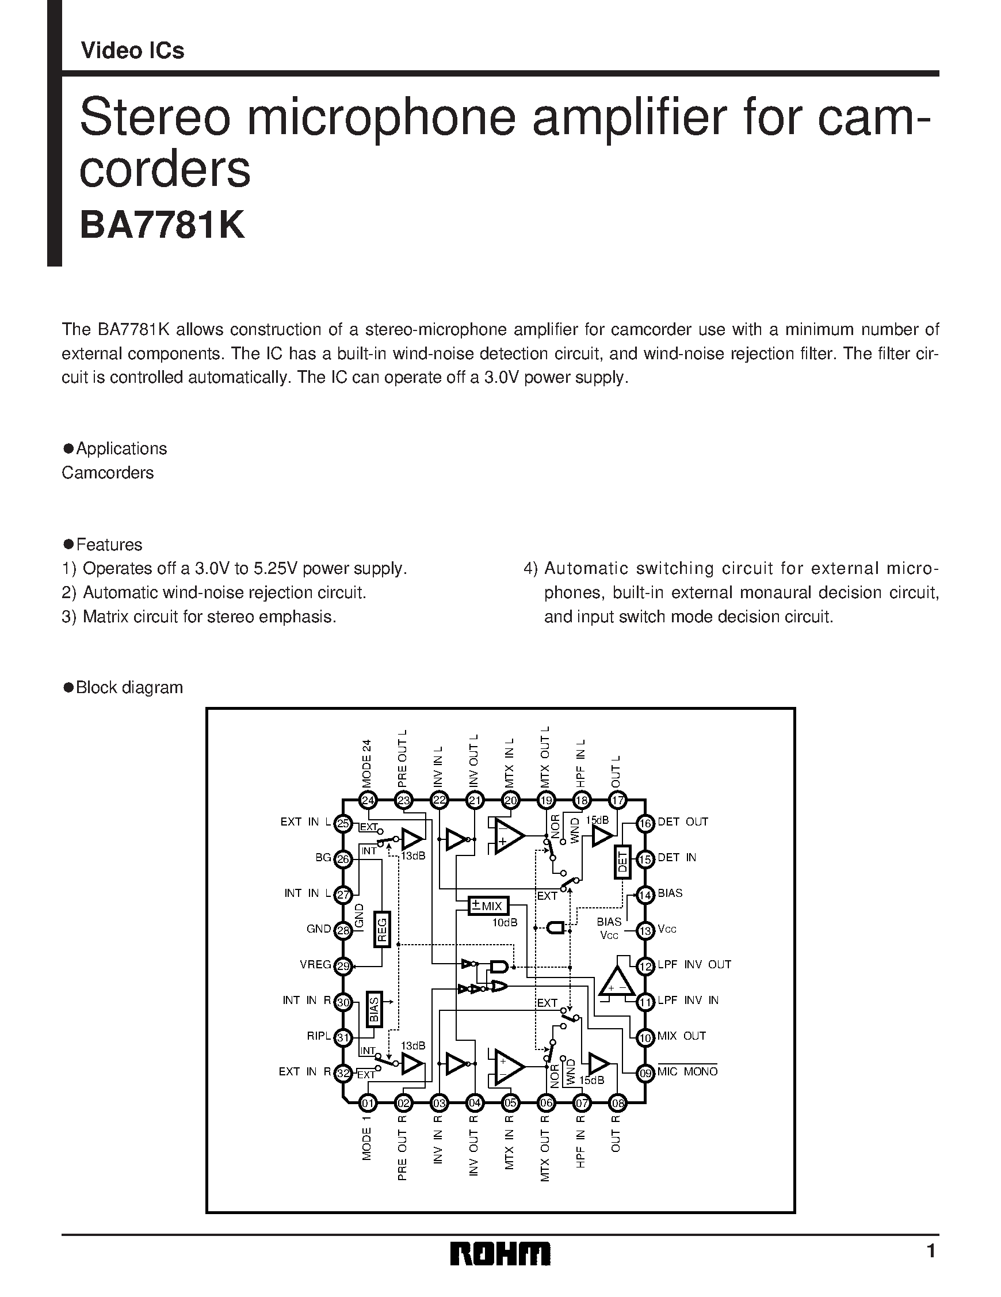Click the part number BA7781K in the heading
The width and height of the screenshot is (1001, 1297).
[x=162, y=226]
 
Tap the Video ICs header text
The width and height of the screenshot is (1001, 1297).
[x=132, y=52]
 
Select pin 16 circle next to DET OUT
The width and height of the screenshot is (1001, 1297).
[x=644, y=824]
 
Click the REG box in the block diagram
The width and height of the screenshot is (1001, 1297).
[x=382, y=929]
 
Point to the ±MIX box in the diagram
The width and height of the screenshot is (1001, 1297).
[x=488, y=906]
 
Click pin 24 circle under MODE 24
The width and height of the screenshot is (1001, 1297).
[x=368, y=801]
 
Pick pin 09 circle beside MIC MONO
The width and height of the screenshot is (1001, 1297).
[x=644, y=1073]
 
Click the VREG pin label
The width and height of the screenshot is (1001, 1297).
[x=315, y=965]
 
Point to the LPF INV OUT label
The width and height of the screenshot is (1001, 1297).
[x=694, y=965]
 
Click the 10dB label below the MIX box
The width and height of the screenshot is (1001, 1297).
[x=505, y=922]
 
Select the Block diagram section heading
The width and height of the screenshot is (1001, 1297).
[x=129, y=688]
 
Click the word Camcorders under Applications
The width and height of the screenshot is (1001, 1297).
[x=108, y=473]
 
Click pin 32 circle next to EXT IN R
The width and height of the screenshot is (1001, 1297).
[x=343, y=1073]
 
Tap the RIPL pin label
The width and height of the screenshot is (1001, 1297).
[x=319, y=1036]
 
